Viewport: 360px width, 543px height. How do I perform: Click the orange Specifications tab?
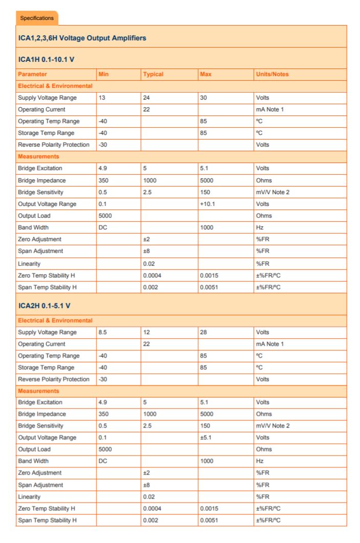click(37, 18)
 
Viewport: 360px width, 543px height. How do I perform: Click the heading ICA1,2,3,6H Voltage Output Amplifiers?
click(82, 38)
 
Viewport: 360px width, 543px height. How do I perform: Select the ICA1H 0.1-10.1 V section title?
click(46, 60)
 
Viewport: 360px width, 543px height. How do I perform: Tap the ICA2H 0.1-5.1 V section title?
click(44, 305)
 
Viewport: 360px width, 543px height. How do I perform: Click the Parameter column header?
click(32, 74)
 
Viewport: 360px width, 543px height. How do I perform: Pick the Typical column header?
click(153, 74)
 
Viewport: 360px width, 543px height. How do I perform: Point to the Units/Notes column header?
click(272, 74)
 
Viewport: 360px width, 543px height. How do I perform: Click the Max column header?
click(206, 74)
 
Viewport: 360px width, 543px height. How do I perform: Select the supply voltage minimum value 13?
click(102, 98)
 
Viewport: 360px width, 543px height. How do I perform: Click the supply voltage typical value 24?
click(147, 98)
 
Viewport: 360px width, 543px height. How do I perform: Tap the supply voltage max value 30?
click(204, 98)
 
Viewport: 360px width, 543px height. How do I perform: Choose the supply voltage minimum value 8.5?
click(103, 332)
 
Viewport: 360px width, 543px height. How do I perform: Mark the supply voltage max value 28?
click(204, 332)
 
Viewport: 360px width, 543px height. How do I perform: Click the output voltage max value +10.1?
click(208, 204)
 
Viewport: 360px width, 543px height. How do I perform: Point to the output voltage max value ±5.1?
click(206, 437)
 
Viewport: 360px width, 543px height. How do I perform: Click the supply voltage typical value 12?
click(147, 332)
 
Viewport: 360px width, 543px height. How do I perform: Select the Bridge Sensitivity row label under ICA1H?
click(41, 192)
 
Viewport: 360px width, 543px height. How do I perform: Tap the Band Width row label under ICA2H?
click(33, 461)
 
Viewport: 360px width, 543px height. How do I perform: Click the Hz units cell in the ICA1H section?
click(260, 227)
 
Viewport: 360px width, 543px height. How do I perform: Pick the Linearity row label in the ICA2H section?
click(29, 497)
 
